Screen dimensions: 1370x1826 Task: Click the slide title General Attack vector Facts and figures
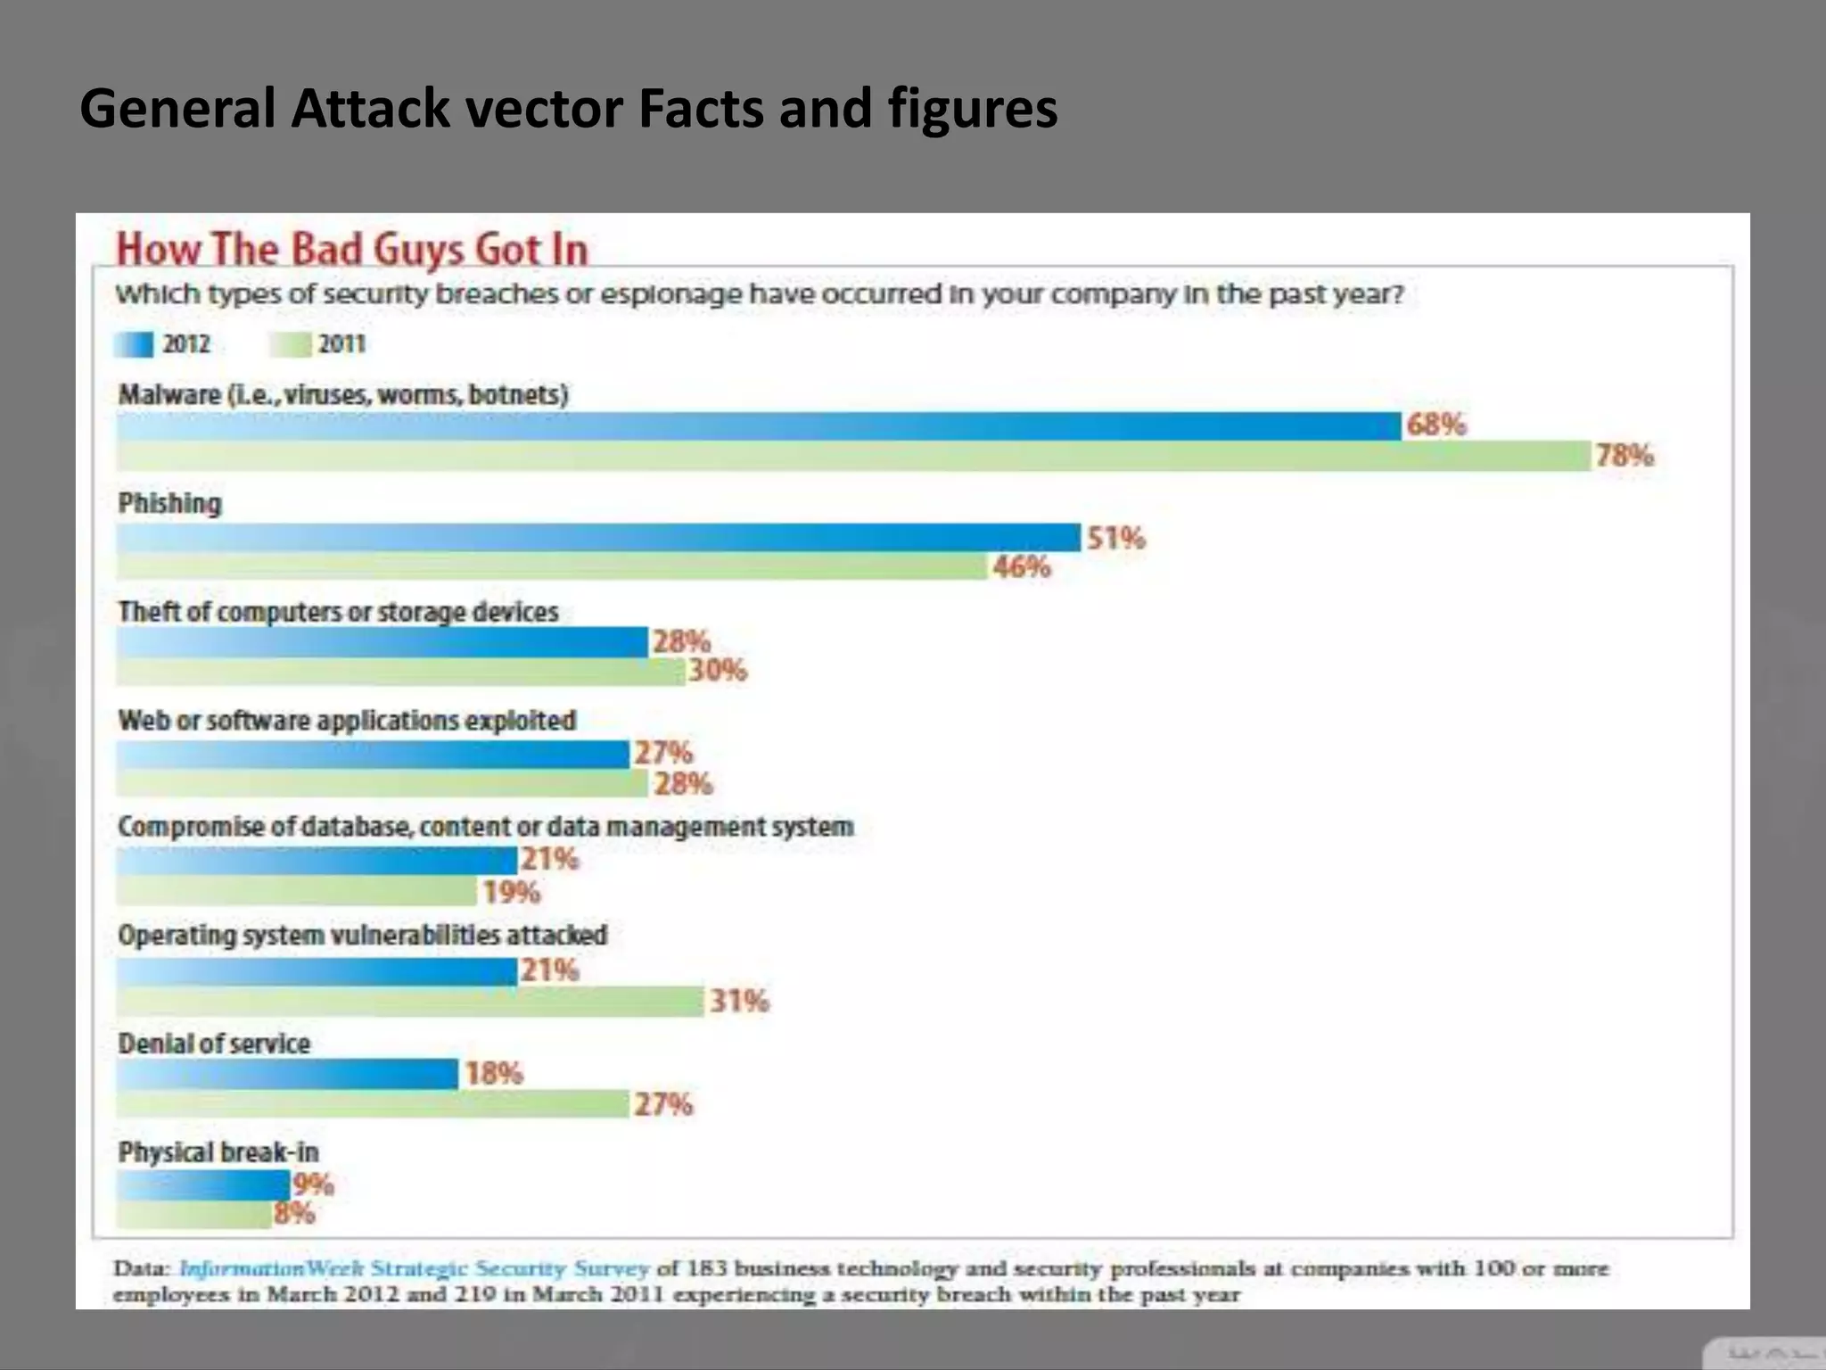[x=568, y=109]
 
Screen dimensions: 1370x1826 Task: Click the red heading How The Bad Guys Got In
[x=352, y=249]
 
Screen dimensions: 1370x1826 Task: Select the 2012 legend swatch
[x=134, y=344]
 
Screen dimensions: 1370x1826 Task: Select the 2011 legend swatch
[x=291, y=344]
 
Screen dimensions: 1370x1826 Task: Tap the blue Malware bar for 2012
[x=758, y=426]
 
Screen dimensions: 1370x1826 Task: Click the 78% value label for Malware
[x=1624, y=456]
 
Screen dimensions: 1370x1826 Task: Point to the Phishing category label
[x=170, y=503]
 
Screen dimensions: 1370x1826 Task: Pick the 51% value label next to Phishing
[x=1115, y=538]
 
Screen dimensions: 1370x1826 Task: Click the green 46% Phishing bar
[x=553, y=567]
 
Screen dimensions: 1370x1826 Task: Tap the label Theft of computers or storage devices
[x=338, y=612]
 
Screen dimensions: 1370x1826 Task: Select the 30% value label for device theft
[x=717, y=670]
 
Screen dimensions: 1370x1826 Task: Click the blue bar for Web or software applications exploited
[x=373, y=755]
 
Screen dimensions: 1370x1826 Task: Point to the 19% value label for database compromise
[x=512, y=892]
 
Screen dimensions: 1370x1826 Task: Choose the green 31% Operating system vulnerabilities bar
[x=410, y=1002]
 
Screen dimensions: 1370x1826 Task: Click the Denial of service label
[x=214, y=1044]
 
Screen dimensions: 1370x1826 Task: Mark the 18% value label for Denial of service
[x=493, y=1073]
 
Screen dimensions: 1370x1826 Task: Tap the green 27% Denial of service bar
[x=373, y=1104]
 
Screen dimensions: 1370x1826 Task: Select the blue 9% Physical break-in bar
[x=203, y=1185]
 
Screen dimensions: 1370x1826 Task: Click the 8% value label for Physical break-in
[x=295, y=1213]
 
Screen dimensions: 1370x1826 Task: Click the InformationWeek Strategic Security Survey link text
[x=414, y=1268]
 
